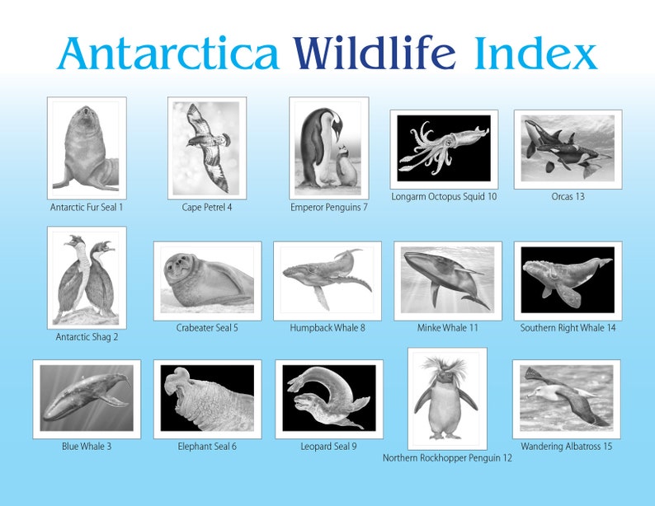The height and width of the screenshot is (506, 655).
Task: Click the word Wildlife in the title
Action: (x=375, y=54)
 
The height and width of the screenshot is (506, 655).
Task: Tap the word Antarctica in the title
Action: (x=168, y=54)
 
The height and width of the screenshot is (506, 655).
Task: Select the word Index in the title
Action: (x=535, y=54)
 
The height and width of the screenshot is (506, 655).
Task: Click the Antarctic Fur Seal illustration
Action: (x=87, y=148)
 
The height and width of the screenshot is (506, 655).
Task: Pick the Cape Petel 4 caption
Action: (x=207, y=207)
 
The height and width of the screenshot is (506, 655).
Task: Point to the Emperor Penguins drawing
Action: (x=328, y=148)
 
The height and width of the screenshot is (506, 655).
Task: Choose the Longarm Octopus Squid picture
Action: (x=444, y=148)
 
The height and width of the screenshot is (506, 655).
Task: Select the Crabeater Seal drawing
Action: (x=207, y=280)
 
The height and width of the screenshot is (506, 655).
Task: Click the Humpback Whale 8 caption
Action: (x=327, y=328)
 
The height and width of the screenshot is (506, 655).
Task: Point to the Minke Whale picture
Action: (x=448, y=280)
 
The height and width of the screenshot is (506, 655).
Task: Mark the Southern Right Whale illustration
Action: (x=568, y=280)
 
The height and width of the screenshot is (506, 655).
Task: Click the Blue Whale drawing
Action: (x=87, y=399)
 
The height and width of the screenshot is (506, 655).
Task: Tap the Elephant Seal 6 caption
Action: (x=207, y=447)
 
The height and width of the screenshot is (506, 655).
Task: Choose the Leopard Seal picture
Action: (x=328, y=399)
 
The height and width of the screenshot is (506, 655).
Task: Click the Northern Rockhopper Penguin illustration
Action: (x=447, y=399)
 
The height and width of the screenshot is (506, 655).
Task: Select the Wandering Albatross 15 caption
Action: (x=567, y=447)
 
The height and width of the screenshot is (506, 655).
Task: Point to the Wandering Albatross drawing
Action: (x=567, y=399)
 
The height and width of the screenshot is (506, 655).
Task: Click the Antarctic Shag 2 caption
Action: (x=87, y=336)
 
